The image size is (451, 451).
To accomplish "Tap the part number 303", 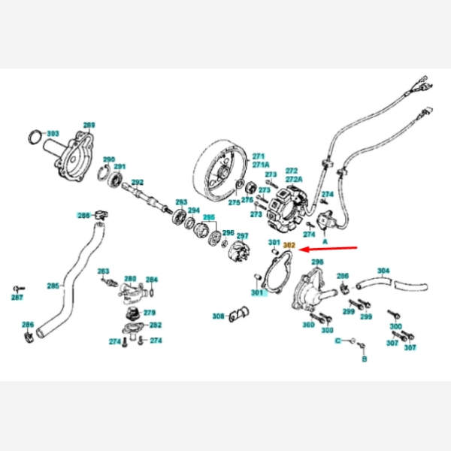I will (x=53, y=134).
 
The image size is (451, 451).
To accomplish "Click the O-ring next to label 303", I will (x=35, y=137).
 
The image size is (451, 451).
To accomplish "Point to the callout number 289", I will (x=89, y=126).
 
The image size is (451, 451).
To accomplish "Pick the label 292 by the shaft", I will (x=137, y=183).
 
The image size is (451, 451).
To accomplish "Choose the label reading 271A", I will (x=260, y=165).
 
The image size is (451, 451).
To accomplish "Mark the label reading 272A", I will (x=293, y=180).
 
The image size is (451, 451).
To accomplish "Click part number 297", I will (x=242, y=235).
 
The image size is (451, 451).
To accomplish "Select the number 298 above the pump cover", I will (x=317, y=262).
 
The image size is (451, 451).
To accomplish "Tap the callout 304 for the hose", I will (x=383, y=270).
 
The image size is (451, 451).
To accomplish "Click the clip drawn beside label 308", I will (x=238, y=314).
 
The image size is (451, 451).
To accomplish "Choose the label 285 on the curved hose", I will (x=53, y=286).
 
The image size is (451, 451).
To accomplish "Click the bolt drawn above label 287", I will (x=17, y=289).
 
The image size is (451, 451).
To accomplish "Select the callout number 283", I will (x=104, y=271).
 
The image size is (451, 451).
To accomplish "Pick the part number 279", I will (x=150, y=312).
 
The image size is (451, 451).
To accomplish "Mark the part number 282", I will (x=156, y=325).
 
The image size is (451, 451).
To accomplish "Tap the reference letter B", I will (x=364, y=360).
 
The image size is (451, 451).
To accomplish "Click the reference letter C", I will (x=337, y=341).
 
